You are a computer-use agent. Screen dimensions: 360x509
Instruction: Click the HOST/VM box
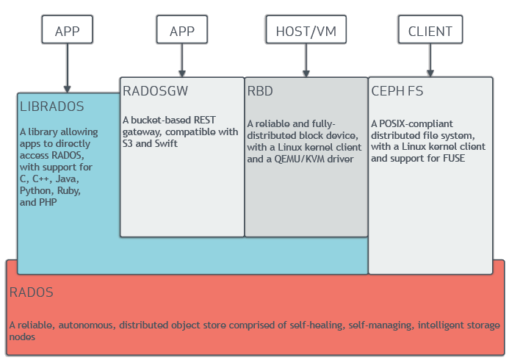pos(305,31)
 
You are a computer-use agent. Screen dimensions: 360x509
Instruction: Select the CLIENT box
pos(430,31)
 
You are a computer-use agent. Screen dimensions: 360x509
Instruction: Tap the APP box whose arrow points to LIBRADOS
pos(67,31)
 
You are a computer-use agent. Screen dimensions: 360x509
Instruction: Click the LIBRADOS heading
pos(51,107)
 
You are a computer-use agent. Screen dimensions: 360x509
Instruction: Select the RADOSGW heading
pos(155,91)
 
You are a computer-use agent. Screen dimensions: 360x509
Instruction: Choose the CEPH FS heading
pos(397,91)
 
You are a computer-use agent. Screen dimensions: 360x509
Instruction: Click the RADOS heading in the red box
pos(31,292)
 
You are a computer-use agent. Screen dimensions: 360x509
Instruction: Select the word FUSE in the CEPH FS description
pos(451,159)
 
